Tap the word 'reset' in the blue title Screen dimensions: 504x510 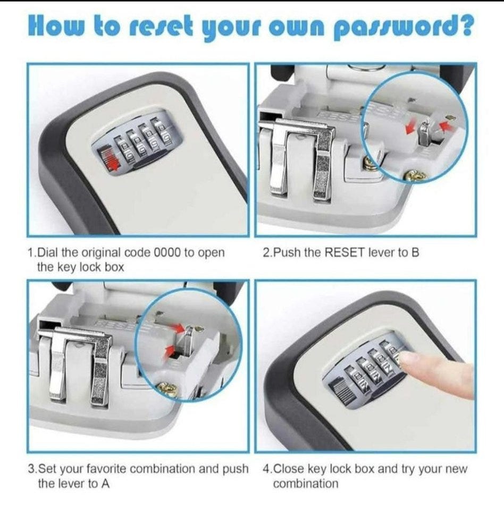(x=161, y=27)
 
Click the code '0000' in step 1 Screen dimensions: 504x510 (x=167, y=252)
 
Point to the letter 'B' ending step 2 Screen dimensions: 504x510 (x=415, y=252)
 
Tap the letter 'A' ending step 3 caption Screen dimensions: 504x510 (x=105, y=483)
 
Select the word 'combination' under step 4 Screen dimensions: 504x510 (x=306, y=483)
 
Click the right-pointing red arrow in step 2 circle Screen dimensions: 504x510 (x=411, y=128)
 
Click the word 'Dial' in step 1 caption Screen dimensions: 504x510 (x=46, y=252)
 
